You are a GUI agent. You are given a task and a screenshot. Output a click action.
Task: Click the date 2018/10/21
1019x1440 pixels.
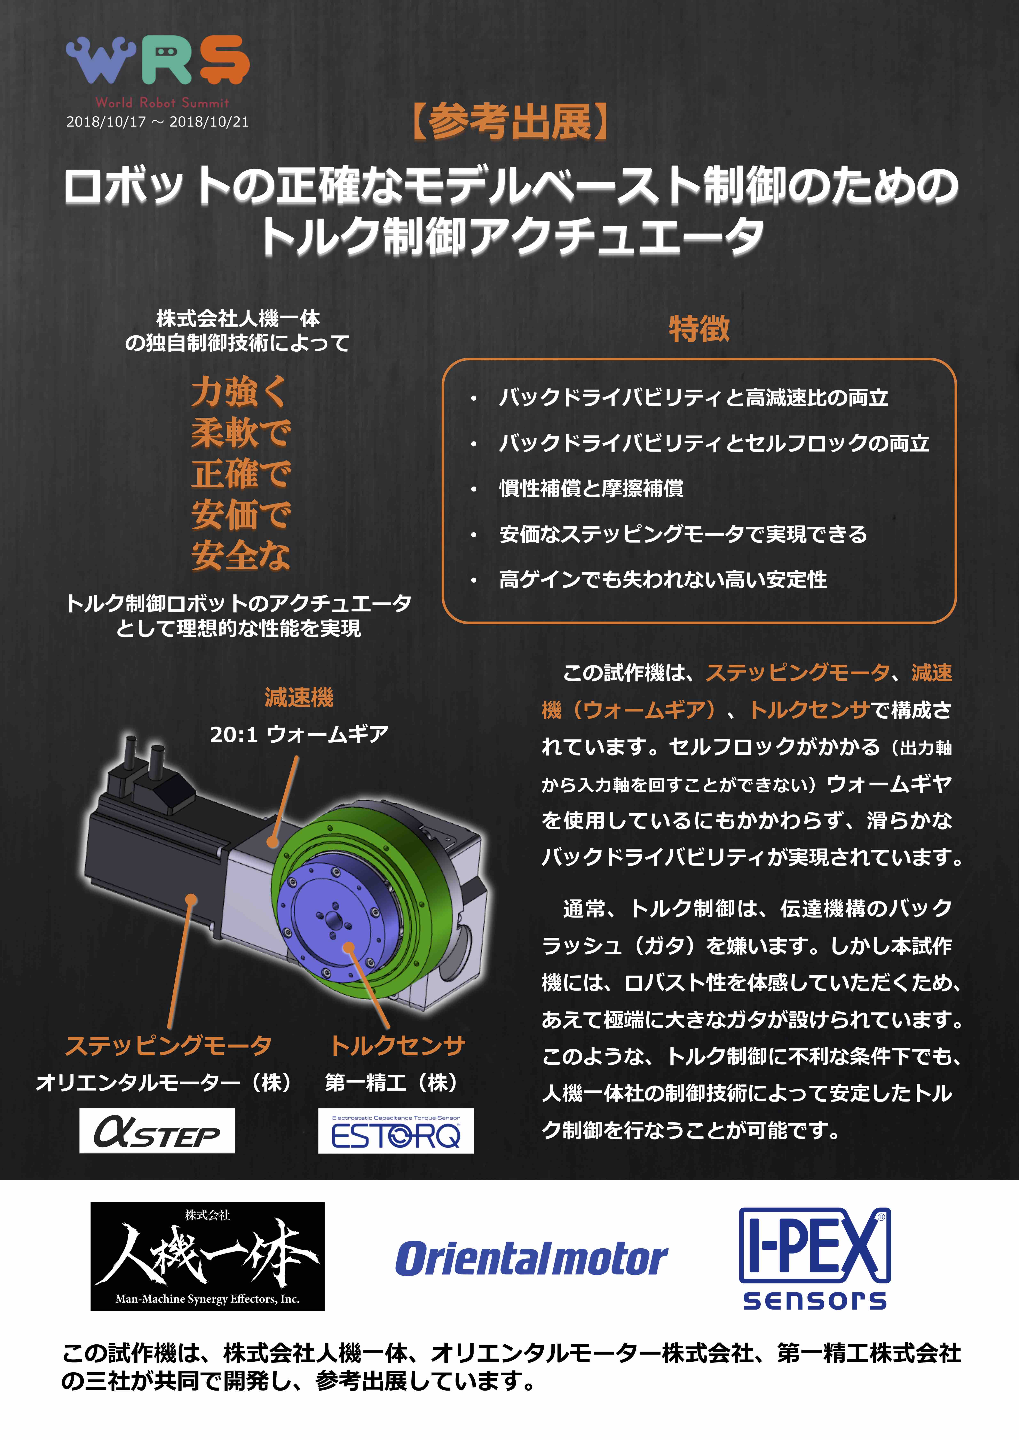pos(209,122)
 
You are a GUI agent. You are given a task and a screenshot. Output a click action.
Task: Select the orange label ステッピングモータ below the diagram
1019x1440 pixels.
pos(168,1045)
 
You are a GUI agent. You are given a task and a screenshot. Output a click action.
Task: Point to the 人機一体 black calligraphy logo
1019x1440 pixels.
pos(208,1256)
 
